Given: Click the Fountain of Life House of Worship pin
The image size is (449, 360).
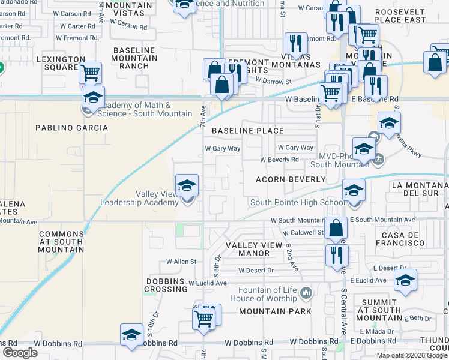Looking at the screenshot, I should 306,293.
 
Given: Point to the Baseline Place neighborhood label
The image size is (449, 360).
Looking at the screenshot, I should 247,130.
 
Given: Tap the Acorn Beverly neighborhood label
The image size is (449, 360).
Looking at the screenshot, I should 291,179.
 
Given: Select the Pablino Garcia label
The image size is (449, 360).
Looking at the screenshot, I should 71,128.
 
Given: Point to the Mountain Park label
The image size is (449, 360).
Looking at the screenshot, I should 275,311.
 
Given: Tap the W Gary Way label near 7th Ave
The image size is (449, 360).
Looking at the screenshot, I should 223,148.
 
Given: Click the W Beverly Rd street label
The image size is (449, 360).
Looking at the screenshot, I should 279,160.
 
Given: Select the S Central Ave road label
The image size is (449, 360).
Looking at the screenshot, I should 344,309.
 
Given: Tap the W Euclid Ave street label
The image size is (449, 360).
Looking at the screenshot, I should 207,283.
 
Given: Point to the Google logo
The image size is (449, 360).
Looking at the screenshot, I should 20,353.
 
